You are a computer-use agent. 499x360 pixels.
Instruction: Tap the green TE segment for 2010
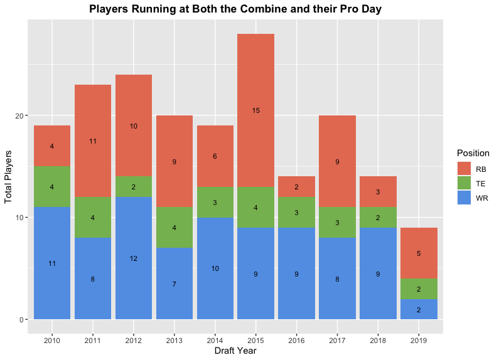(x=52, y=186)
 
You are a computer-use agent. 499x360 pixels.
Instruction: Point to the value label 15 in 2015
(x=255, y=110)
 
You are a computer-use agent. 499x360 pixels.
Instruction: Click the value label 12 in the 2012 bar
(x=133, y=258)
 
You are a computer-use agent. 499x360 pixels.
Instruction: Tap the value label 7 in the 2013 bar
(x=174, y=284)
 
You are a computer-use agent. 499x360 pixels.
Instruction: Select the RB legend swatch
(x=463, y=169)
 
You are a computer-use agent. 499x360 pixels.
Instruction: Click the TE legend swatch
(x=463, y=184)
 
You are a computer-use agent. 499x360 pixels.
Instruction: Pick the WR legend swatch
(x=463, y=198)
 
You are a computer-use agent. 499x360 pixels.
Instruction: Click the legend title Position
(x=473, y=153)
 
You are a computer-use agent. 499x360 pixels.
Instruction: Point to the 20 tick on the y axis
(x=20, y=116)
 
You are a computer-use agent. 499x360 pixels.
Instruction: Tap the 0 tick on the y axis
(x=23, y=320)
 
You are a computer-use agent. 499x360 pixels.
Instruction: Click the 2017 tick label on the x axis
(x=337, y=339)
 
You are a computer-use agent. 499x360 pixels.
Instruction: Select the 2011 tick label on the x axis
(x=93, y=339)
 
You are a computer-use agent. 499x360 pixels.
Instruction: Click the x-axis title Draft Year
(x=235, y=351)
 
